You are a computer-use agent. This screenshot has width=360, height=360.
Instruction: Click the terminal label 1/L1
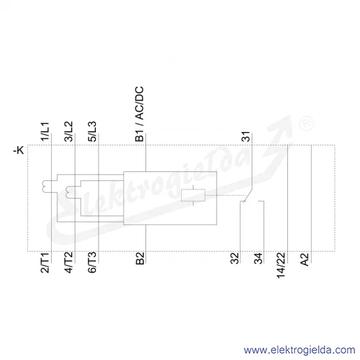pos(45,131)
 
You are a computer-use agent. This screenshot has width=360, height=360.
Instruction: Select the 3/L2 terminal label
pos(69,131)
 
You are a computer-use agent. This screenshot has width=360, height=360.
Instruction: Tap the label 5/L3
pos(92,131)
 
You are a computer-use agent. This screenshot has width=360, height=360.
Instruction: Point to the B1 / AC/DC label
pos(139,114)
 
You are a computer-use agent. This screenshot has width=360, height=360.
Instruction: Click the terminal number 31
pos(246,136)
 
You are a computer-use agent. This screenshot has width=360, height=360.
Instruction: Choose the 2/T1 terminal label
pos(45,263)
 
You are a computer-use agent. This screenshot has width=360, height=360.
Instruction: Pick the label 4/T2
pos(69,263)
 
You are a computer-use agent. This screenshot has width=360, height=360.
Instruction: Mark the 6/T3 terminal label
pos(92,263)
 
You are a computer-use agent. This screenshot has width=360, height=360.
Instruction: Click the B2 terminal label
pos(140,259)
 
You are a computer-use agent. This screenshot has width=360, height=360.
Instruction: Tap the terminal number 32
pos(235,258)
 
